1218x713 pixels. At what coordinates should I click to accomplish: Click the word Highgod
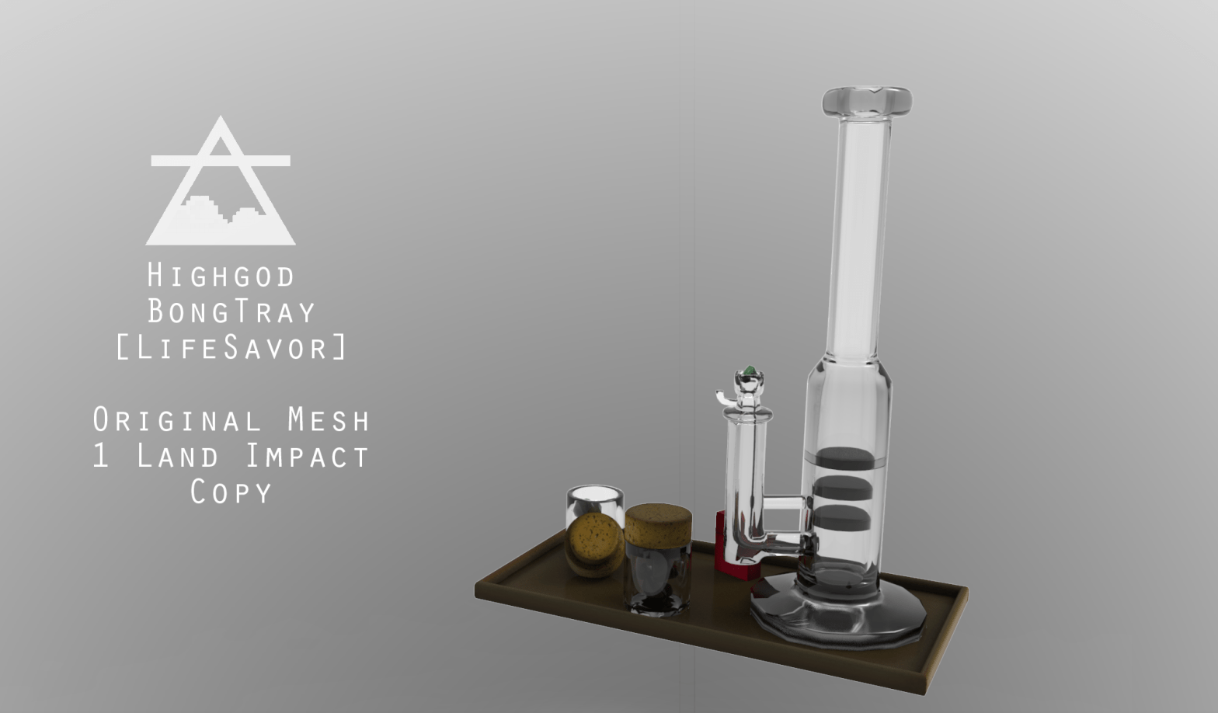[221, 275]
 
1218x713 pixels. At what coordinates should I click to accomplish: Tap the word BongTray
[231, 311]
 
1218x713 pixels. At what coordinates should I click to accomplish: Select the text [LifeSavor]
[231, 348]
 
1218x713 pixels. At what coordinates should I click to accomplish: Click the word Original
[177, 420]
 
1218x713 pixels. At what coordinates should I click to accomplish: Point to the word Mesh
[329, 420]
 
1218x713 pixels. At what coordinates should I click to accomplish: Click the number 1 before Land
[101, 456]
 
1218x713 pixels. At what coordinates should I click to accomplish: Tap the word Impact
[308, 456]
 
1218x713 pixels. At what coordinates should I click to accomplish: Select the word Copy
[231, 492]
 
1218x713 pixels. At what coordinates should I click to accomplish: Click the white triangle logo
[221, 180]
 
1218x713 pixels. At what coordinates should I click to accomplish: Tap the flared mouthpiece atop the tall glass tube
[867, 103]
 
